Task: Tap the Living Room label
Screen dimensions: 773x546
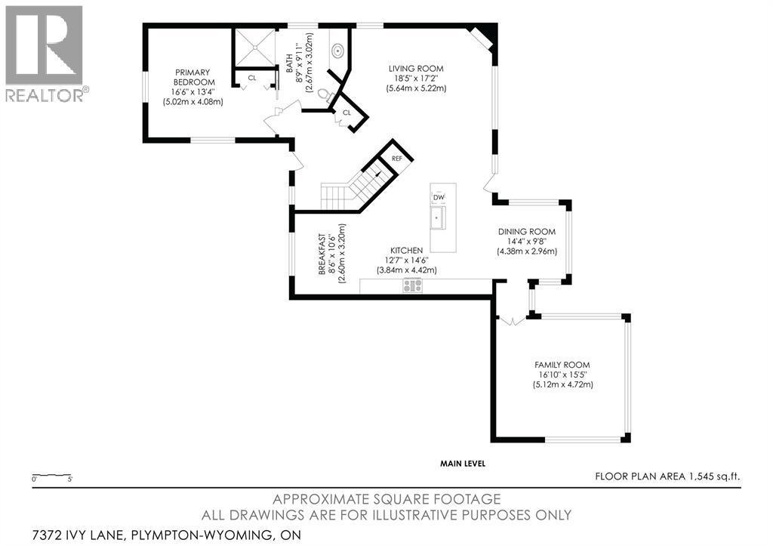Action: pos(416,69)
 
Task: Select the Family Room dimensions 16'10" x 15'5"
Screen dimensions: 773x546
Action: pos(562,375)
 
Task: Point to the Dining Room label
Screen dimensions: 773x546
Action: pos(526,231)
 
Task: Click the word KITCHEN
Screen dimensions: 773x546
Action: pos(407,251)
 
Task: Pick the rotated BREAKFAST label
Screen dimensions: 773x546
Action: pos(322,254)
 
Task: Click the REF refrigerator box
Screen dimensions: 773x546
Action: pos(397,159)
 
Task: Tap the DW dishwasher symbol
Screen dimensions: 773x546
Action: pos(439,197)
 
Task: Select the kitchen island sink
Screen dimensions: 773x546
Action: pos(438,217)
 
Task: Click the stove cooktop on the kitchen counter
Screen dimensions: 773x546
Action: pos(413,285)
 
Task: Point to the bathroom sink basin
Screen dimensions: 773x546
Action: pos(338,51)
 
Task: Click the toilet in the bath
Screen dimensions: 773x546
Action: pos(325,94)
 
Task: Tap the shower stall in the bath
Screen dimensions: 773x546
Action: pos(254,48)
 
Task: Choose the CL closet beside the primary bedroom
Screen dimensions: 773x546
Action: pos(252,78)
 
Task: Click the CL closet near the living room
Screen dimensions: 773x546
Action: pos(346,113)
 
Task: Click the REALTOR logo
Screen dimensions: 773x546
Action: pos(45,54)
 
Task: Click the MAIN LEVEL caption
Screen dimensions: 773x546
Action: pos(463,464)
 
